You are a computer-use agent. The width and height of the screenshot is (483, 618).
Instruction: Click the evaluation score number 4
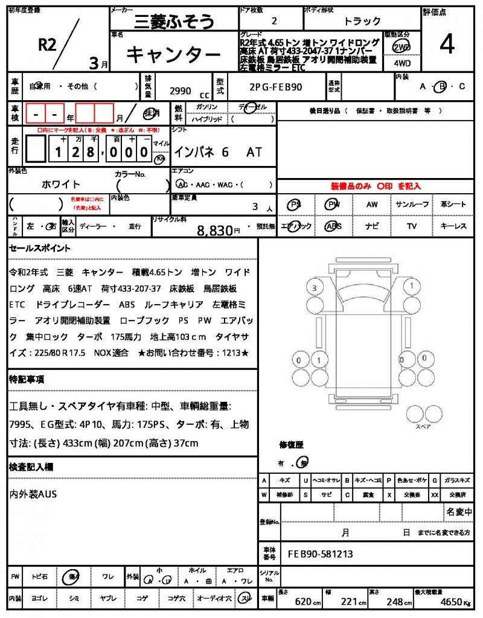coord(447,44)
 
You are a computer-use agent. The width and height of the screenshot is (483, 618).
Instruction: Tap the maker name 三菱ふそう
coord(172,22)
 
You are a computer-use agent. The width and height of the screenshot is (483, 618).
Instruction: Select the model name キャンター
coord(173,56)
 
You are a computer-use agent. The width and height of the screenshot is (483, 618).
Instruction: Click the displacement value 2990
coord(181,91)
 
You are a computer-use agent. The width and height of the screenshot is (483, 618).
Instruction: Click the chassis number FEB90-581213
coord(320,554)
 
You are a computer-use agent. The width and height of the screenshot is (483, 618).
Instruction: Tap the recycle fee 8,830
coord(216,230)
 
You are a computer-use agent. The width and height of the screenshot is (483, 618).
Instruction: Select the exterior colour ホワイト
coord(61,184)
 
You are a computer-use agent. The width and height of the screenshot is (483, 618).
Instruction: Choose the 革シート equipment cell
coord(453,205)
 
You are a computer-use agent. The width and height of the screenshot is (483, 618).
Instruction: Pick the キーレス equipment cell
coord(453,226)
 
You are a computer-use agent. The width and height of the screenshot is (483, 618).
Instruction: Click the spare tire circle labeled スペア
coord(418,414)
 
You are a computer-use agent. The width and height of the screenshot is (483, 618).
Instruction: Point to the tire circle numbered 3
coord(314,288)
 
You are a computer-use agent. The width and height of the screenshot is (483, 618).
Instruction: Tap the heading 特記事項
coord(27,380)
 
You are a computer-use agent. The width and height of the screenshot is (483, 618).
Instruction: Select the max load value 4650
coord(451,602)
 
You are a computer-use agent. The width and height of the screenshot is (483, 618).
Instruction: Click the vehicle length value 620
coord(302,602)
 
